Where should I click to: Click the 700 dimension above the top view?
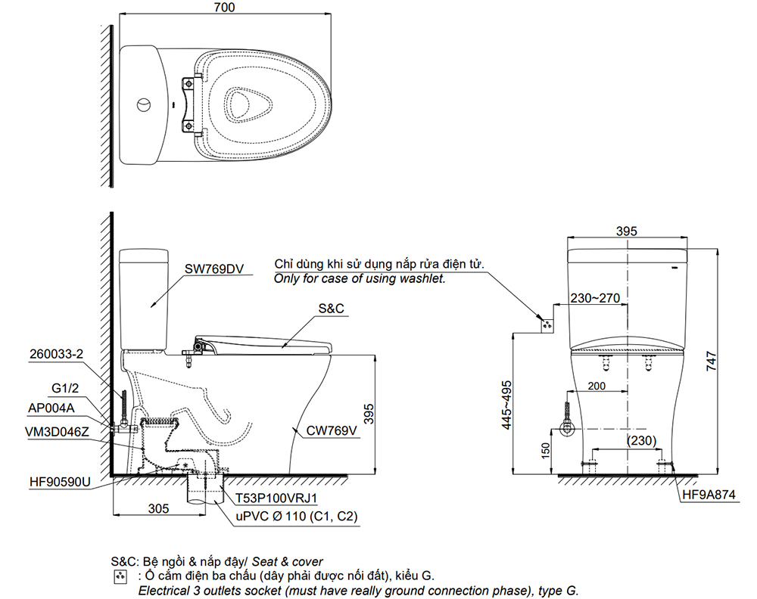(x=224, y=8)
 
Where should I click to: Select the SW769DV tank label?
(x=213, y=268)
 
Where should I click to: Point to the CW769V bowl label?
(x=331, y=432)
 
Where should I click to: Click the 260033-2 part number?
(x=58, y=353)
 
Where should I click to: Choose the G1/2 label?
(x=66, y=389)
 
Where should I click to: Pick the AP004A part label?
(x=52, y=409)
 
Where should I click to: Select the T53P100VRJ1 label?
(x=276, y=498)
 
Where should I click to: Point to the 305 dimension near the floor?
(x=157, y=509)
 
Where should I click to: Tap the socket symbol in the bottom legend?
(x=118, y=576)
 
